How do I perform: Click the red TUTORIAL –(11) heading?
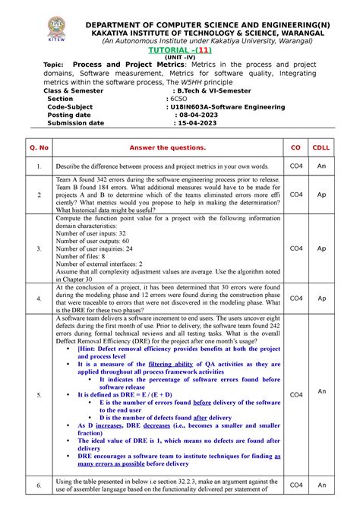(180, 47)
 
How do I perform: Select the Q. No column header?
(38, 146)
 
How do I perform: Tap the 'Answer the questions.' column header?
(168, 146)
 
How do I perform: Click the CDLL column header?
(321, 146)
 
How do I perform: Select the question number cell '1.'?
(38, 165)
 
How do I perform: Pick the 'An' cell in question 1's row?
(321, 165)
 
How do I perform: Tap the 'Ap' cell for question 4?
(321, 299)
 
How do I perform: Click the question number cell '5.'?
(38, 395)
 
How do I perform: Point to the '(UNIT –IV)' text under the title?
(180, 56)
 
